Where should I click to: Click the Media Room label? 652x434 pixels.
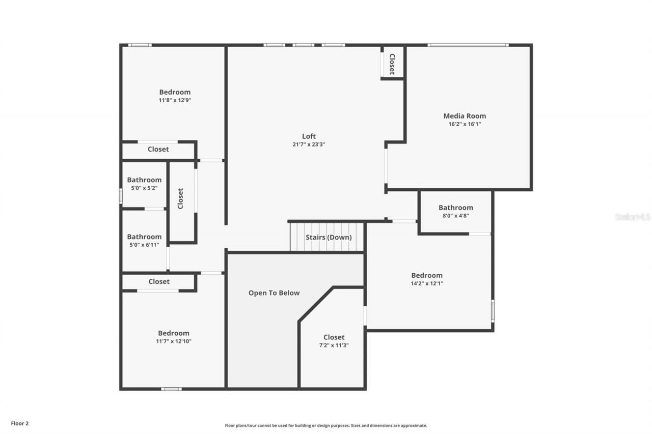pos(465,116)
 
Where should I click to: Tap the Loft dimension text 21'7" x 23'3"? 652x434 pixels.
pos(309,144)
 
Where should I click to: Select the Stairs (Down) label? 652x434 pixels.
pos(328,237)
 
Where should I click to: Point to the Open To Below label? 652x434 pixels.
pos(274,293)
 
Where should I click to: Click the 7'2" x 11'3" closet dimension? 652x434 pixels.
pos(334,345)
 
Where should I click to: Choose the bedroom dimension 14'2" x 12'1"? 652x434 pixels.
pos(427,284)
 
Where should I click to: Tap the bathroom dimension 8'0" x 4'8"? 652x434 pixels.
pos(455,216)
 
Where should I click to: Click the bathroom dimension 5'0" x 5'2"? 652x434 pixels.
pos(144,188)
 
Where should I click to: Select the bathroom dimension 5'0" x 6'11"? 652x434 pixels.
pos(144,245)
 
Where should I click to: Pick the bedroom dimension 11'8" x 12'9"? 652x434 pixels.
pos(175,100)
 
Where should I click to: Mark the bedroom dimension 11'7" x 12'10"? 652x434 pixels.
pos(174,341)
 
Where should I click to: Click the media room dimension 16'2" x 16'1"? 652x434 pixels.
pos(465,124)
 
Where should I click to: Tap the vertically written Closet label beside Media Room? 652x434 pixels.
pos(392,64)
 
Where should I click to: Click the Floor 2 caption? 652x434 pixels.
pos(20,423)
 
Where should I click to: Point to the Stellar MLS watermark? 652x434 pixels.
pos(633,217)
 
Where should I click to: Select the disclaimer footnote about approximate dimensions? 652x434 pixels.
pos(326,425)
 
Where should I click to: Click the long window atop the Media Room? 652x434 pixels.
pos(468,45)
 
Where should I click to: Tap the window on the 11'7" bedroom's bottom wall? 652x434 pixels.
pos(171,389)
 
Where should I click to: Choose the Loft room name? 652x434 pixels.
pos(309,136)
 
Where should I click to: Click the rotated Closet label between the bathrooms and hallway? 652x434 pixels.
pos(181,198)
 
